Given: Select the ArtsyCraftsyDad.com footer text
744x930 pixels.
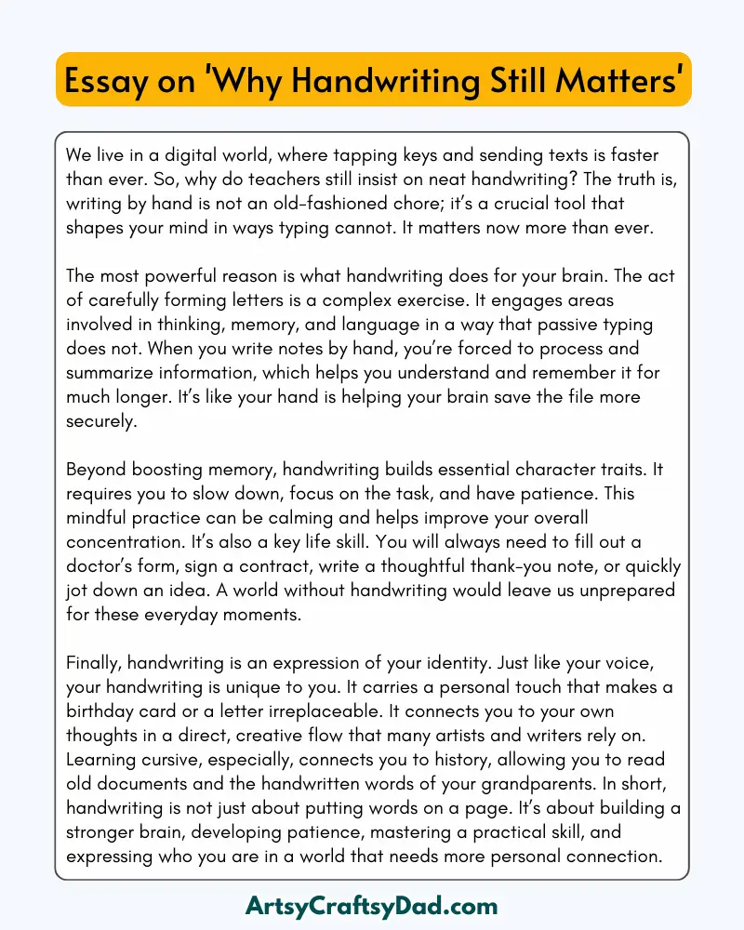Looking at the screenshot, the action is coord(372,905).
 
